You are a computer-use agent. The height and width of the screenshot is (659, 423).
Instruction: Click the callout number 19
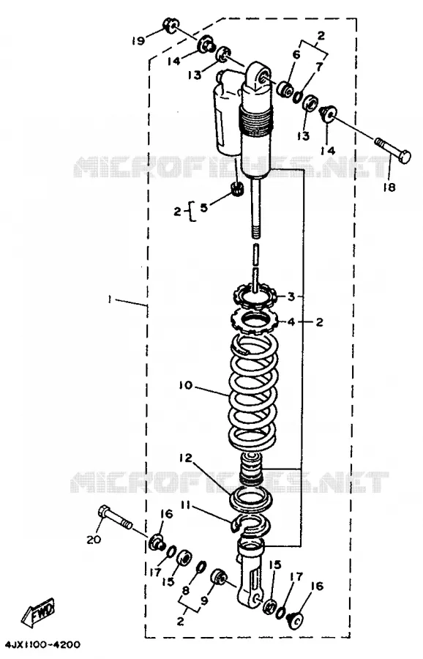point(138,40)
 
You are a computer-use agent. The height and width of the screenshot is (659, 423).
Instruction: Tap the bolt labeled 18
point(393,151)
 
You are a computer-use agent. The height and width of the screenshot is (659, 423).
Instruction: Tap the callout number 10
point(185,385)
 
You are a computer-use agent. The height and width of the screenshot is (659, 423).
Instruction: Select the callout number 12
point(185,458)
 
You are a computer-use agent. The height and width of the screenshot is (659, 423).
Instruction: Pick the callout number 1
point(109,299)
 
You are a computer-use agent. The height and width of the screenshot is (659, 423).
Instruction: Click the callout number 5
point(203,208)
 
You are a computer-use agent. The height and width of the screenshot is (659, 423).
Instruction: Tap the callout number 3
point(291,297)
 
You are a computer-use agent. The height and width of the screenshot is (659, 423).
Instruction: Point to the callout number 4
point(291,322)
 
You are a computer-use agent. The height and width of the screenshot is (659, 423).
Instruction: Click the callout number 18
point(389,187)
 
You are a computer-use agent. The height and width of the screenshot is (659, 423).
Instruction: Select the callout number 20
point(94,539)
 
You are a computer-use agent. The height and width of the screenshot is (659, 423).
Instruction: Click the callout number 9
point(205,601)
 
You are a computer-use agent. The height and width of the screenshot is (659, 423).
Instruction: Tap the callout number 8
point(186,590)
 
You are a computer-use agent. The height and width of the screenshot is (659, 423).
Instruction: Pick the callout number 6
point(296,55)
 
